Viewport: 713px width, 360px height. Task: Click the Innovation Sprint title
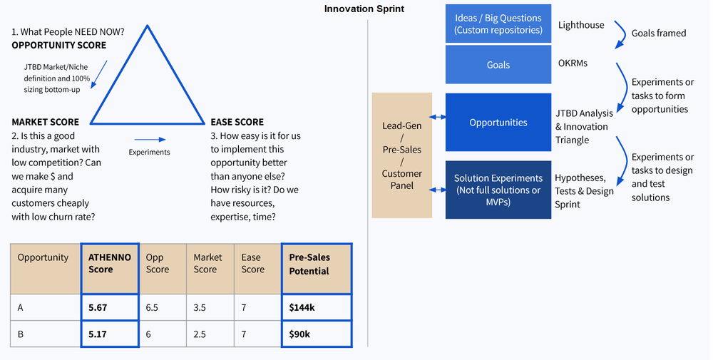pyautogui.click(x=364, y=9)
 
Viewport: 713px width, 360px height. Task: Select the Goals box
pyautogui.click(x=498, y=65)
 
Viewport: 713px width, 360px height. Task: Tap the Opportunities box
pyautogui.click(x=498, y=123)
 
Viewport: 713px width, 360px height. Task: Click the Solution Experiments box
pyautogui.click(x=498, y=190)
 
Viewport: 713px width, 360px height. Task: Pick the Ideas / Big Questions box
pyautogui.click(x=498, y=24)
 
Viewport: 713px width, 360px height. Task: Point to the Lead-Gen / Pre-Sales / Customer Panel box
pyautogui.click(x=401, y=155)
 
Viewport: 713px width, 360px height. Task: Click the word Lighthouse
pyautogui.click(x=580, y=25)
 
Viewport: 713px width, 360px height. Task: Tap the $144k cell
pyautogui.click(x=317, y=308)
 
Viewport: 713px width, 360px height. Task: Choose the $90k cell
pyautogui.click(x=317, y=334)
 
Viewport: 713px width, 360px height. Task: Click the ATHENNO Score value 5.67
pyautogui.click(x=109, y=308)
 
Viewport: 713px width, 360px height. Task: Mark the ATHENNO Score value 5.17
pyautogui.click(x=109, y=334)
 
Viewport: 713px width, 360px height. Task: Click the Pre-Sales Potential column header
pyautogui.click(x=317, y=264)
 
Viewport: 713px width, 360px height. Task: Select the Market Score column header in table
pyautogui.click(x=208, y=263)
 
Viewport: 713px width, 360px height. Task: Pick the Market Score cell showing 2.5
pyautogui.click(x=208, y=334)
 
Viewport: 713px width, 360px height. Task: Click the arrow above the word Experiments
pyautogui.click(x=150, y=140)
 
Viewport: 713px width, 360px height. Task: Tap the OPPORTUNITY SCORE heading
pyautogui.click(x=59, y=45)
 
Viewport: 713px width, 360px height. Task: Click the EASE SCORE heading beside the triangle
pyautogui.click(x=237, y=122)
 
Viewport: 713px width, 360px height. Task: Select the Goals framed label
pyautogui.click(x=659, y=33)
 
